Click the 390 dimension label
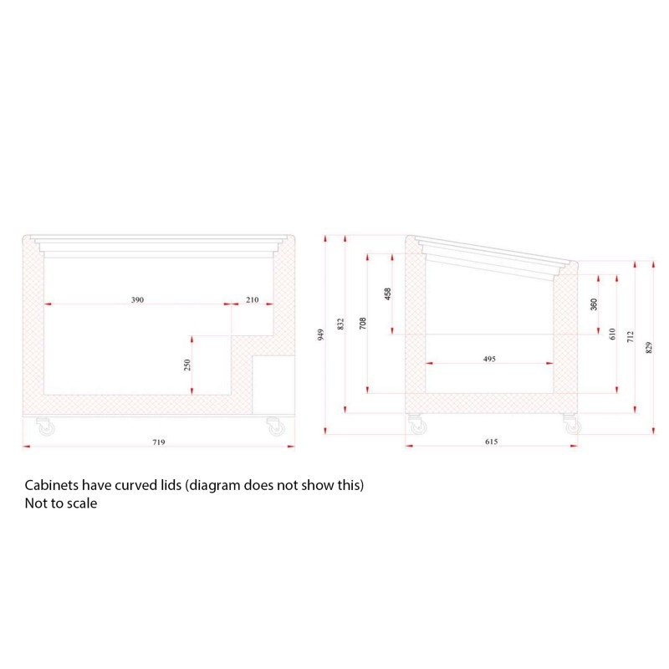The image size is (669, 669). pyautogui.click(x=137, y=299)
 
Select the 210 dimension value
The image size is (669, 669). pyautogui.click(x=253, y=299)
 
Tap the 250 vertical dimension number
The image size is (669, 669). pyautogui.click(x=186, y=365)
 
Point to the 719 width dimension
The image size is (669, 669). pyautogui.click(x=159, y=442)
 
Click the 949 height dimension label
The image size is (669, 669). pyautogui.click(x=321, y=334)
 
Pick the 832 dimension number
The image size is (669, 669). pyautogui.click(x=340, y=324)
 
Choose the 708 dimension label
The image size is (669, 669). pyautogui.click(x=363, y=323)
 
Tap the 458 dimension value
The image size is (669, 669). pyautogui.click(x=387, y=294)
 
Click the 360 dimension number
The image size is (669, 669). pyautogui.click(x=594, y=304)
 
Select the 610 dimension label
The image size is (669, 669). pyautogui.click(x=612, y=334)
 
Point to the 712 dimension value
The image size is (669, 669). pyautogui.click(x=631, y=337)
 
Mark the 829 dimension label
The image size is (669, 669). pyautogui.click(x=649, y=347)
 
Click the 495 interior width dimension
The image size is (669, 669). pyautogui.click(x=489, y=359)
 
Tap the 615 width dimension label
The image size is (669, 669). pyautogui.click(x=492, y=442)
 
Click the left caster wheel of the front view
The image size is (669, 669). pyautogui.click(x=46, y=426)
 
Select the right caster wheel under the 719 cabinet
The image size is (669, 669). pyautogui.click(x=276, y=426)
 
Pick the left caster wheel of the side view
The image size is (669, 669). pyautogui.click(x=417, y=425)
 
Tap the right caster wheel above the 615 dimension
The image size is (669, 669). pyautogui.click(x=572, y=424)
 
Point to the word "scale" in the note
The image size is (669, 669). pyautogui.click(x=82, y=503)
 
